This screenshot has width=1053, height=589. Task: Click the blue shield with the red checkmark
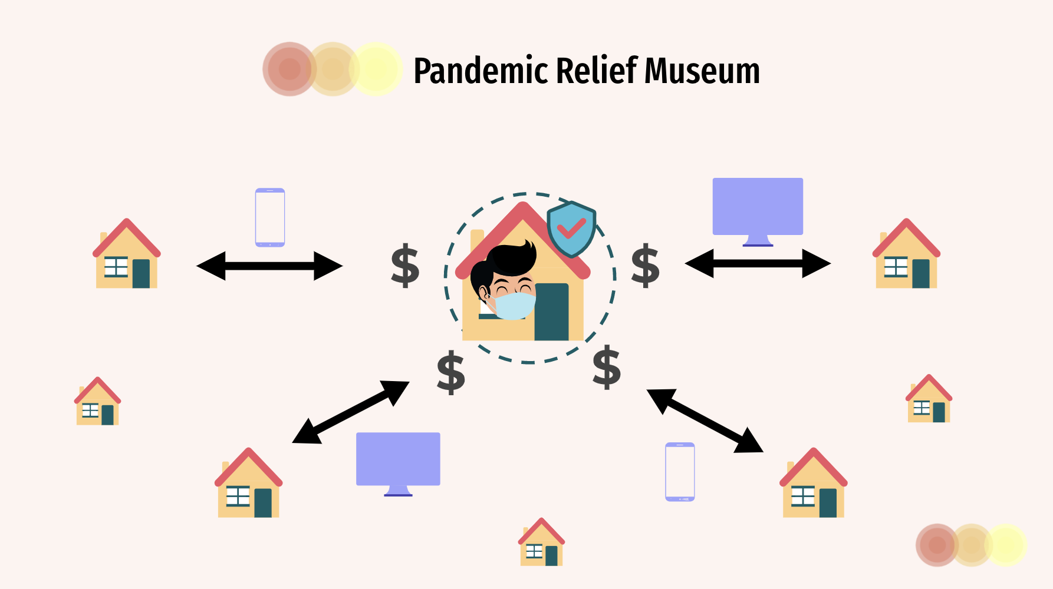coord(571,229)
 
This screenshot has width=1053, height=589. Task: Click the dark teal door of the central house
coord(552,312)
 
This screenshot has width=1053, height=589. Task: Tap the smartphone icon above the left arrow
coord(270,217)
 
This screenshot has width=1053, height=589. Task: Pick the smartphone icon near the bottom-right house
coord(680,471)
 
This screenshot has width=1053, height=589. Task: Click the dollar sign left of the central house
coord(405,266)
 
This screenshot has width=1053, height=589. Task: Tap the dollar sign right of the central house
coord(645,266)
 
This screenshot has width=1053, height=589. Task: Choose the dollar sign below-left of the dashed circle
coord(451,372)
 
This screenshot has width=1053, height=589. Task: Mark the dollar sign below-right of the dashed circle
coord(607,368)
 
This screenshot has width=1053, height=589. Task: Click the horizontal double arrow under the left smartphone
coord(269,266)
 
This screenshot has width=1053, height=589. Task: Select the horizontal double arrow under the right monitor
coord(758,263)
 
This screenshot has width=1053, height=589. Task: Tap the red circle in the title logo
coord(289,69)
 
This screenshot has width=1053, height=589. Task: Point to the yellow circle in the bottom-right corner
coord(1006,545)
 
